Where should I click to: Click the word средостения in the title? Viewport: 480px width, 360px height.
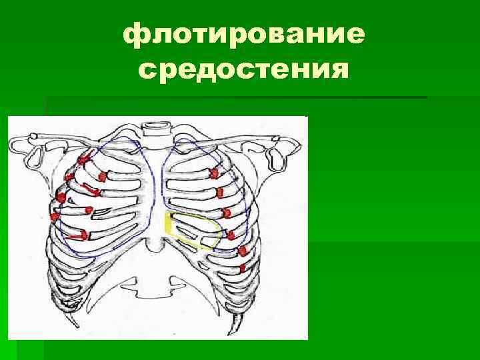[244, 68]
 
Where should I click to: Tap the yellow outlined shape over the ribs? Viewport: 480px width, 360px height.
[194, 228]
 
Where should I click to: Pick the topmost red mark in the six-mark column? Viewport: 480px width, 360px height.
[214, 173]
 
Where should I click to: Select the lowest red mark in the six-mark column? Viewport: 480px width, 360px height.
[243, 268]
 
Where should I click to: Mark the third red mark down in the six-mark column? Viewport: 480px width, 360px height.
[226, 213]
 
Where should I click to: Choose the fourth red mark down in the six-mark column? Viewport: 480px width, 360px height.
[231, 234]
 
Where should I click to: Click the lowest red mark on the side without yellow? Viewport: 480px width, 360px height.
[79, 235]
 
